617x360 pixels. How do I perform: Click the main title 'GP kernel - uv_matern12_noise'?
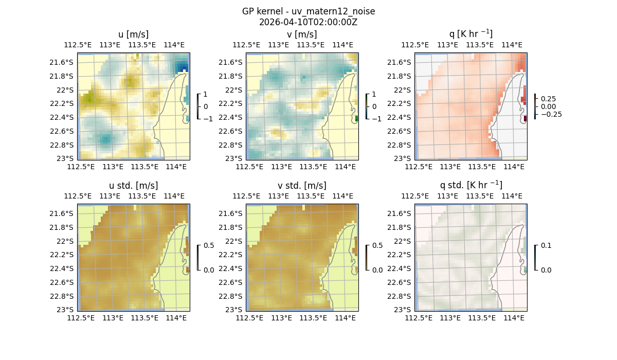[x=308, y=11]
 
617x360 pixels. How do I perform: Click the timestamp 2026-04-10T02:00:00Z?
[x=308, y=22]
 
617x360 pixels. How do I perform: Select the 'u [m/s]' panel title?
[x=133, y=34]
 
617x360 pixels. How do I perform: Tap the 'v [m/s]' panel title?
[x=302, y=34]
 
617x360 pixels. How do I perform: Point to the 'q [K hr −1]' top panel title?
[x=470, y=34]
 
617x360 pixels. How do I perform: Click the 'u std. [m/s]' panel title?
[x=133, y=186]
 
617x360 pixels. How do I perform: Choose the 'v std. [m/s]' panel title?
[x=302, y=186]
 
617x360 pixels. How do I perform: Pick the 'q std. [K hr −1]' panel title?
[x=470, y=185]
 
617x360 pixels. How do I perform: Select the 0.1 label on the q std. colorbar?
[x=546, y=246]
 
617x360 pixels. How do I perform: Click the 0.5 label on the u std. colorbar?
[x=209, y=246]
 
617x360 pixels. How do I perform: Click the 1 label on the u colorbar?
[x=206, y=95]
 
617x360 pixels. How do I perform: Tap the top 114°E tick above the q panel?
[x=512, y=45]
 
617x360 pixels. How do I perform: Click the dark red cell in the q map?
[x=525, y=119]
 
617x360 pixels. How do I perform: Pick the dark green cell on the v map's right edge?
[x=356, y=119]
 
